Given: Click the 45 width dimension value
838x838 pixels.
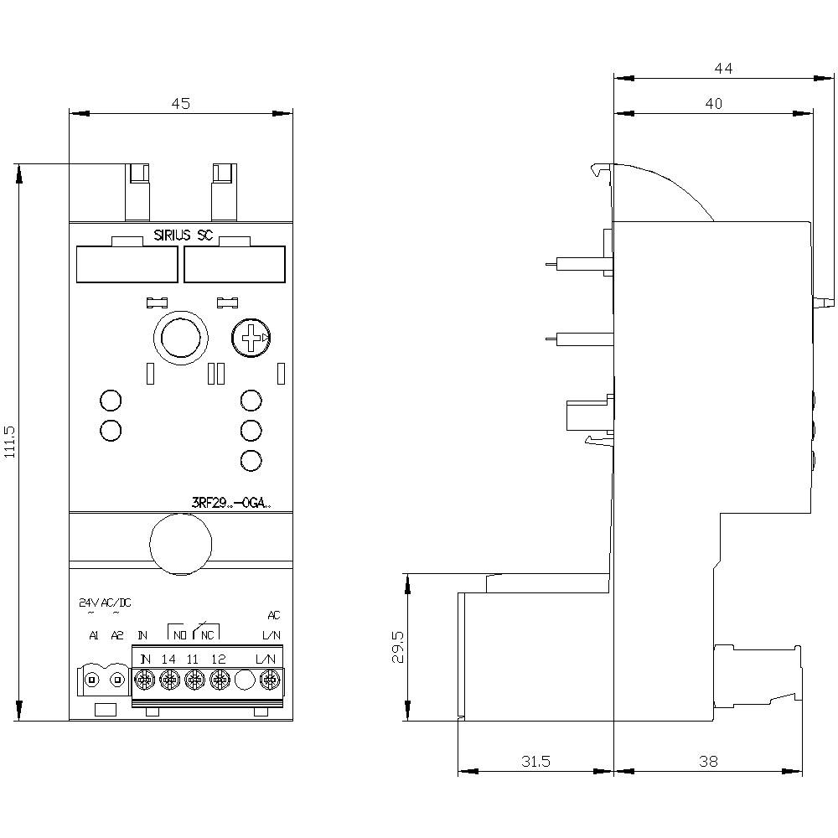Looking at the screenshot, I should [181, 104].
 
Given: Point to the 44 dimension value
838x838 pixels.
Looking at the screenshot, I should [723, 69].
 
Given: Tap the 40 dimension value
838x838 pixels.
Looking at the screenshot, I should [712, 104].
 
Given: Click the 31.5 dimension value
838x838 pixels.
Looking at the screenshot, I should [535, 762].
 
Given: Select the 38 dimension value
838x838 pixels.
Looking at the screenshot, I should [708, 762].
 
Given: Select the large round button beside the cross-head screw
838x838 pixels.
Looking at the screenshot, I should [178, 339].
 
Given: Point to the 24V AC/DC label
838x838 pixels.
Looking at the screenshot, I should [104, 603].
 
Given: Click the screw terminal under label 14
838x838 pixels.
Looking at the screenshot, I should [168, 680].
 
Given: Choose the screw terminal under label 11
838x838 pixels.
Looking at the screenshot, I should [194, 680].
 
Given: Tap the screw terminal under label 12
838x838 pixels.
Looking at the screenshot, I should [220, 680].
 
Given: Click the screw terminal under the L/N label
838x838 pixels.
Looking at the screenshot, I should [269, 680].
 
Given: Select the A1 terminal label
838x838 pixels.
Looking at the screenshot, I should [94, 636].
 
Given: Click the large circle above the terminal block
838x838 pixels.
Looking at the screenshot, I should [179, 542].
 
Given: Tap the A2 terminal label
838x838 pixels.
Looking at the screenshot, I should [117, 636].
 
